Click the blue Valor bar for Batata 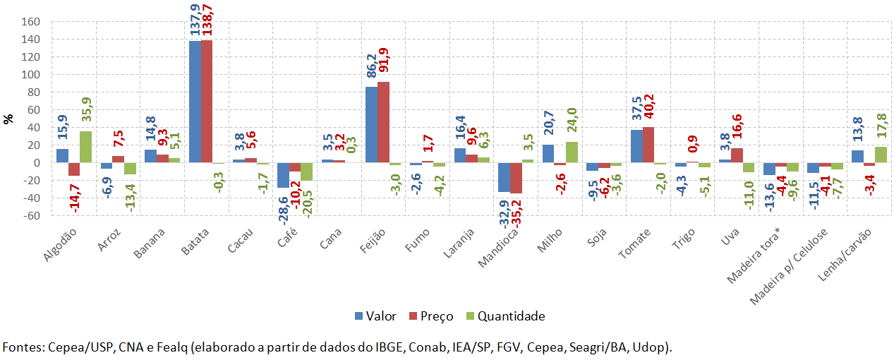tap(195, 102)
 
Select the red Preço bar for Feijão tap(383, 122)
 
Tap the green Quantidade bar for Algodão tap(85, 147)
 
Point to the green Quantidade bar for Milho tap(572, 152)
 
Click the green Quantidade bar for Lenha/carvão tap(880, 155)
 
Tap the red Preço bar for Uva tap(736, 155)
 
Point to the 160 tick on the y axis tap(29, 22)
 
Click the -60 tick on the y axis tap(29, 216)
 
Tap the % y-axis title tap(8, 119)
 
